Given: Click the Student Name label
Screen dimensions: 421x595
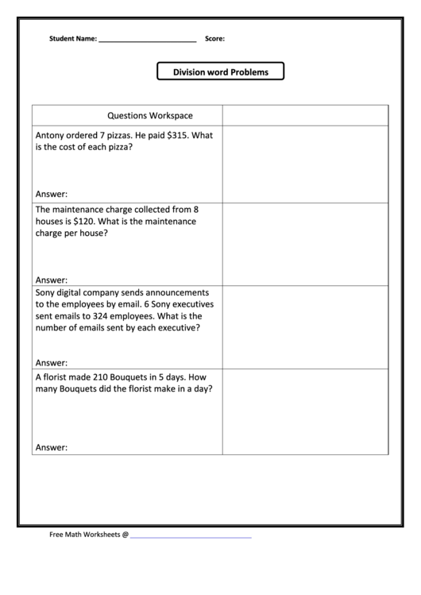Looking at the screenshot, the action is click(x=72, y=38).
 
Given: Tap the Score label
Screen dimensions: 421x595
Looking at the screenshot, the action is click(x=214, y=38).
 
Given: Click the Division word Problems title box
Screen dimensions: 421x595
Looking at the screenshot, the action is click(x=221, y=72).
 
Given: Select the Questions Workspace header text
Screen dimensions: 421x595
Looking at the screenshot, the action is click(x=150, y=115).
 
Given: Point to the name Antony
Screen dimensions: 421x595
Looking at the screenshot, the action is click(x=50, y=135).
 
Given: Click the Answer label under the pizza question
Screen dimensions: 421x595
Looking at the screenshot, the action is click(x=52, y=194).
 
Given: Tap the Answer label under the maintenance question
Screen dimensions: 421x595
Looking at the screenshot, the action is click(x=52, y=280).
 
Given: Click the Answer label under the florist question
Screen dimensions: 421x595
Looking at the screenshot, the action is click(x=52, y=447).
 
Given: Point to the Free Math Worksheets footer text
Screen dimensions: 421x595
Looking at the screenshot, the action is click(x=88, y=535).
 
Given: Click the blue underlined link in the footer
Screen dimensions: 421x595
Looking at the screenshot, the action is click(x=191, y=535).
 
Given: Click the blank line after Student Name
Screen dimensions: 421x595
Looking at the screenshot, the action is click(x=147, y=39).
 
